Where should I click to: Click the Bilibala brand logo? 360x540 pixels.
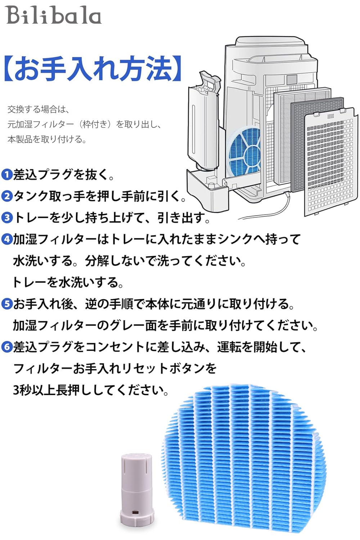pyautogui.click(x=54, y=15)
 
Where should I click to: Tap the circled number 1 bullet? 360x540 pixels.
pyautogui.click(x=7, y=175)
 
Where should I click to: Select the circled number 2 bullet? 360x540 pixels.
pyautogui.click(x=7, y=197)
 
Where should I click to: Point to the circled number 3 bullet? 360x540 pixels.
pyautogui.click(x=7, y=218)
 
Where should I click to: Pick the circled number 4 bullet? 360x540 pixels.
pyautogui.click(x=7, y=240)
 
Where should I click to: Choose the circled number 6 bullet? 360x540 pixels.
pyautogui.click(x=7, y=347)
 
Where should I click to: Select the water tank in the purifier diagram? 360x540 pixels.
pyautogui.click(x=203, y=122)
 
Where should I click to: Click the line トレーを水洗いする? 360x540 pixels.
pyautogui.click(x=68, y=283)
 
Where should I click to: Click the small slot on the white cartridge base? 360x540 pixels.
pyautogui.click(x=136, y=512)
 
